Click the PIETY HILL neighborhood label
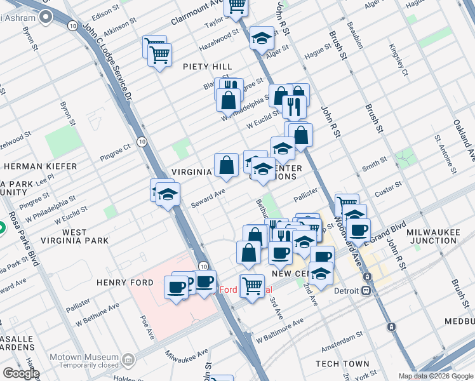click(207, 67)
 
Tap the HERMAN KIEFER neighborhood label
click(40, 166)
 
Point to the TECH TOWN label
click(345, 364)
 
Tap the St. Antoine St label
click(445, 154)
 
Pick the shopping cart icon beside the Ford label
click(253, 286)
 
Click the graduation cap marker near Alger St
click(262, 38)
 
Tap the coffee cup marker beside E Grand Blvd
click(358, 229)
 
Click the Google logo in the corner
click(20, 373)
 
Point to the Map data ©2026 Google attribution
click(435, 376)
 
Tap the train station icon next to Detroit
click(366, 290)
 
